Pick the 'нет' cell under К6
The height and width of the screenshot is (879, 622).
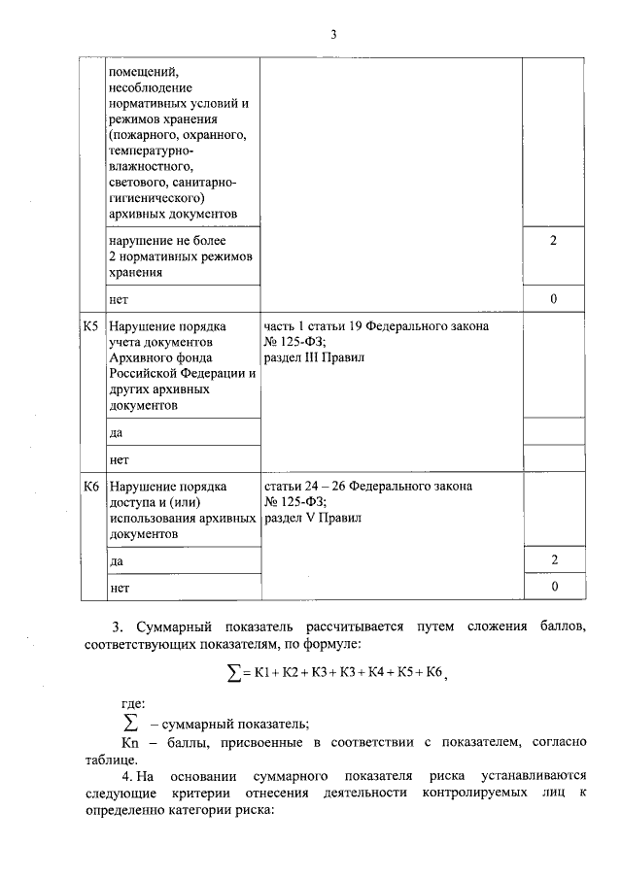[x=119, y=588]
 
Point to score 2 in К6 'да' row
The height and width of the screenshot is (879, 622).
[x=554, y=560]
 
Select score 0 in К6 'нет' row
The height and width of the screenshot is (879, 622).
[x=554, y=588]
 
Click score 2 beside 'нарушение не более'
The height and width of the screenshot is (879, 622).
[x=554, y=240]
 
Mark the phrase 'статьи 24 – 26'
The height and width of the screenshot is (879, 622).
[x=305, y=486]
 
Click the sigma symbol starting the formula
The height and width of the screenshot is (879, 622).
[x=233, y=674]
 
